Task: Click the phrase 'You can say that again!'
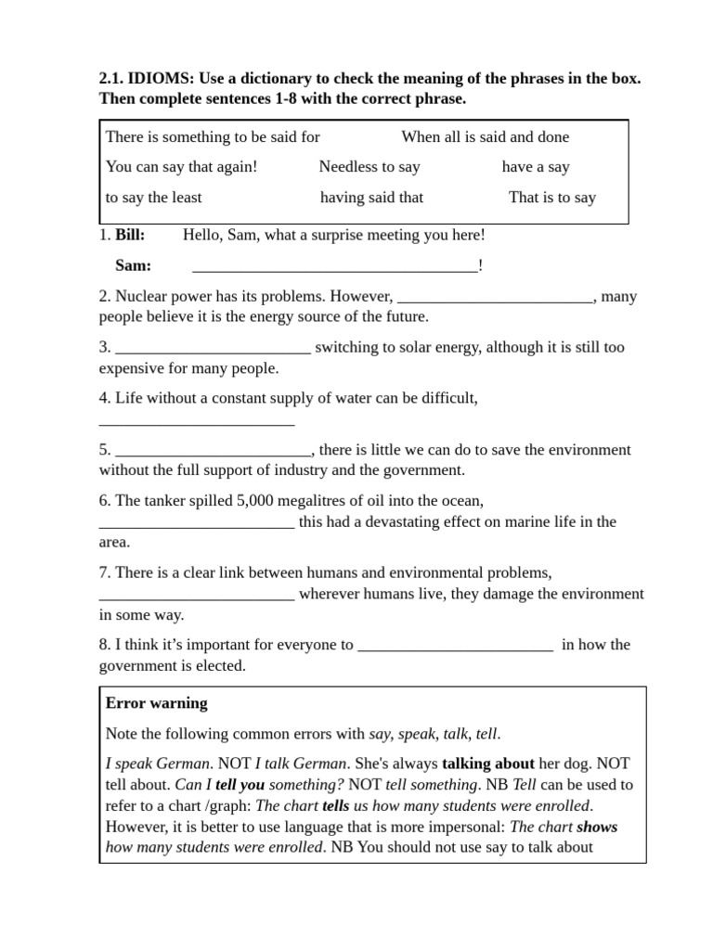(x=181, y=167)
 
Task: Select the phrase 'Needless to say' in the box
(x=369, y=167)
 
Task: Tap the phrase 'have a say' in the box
(x=536, y=167)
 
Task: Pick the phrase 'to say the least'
(x=153, y=197)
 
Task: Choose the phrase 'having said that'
(x=371, y=197)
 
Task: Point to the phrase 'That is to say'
(x=552, y=197)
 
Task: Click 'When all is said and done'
(x=485, y=136)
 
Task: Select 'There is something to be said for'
(x=213, y=136)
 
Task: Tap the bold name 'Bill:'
(x=130, y=236)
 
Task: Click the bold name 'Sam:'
(x=133, y=265)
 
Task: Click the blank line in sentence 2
(x=495, y=299)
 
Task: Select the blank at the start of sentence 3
(x=213, y=350)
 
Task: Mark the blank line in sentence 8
(x=455, y=647)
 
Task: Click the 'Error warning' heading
(x=157, y=703)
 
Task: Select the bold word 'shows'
(x=597, y=827)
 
